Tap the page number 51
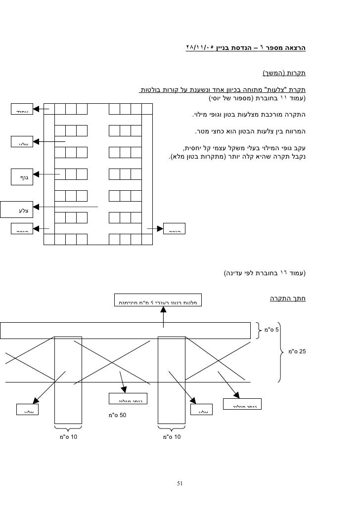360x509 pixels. click(180, 483)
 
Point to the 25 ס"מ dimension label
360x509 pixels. click(297, 352)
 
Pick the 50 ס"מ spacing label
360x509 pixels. click(118, 414)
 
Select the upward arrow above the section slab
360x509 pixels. click(165, 314)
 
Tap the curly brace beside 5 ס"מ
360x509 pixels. click(261, 329)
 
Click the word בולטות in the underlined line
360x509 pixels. click(149, 90)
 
